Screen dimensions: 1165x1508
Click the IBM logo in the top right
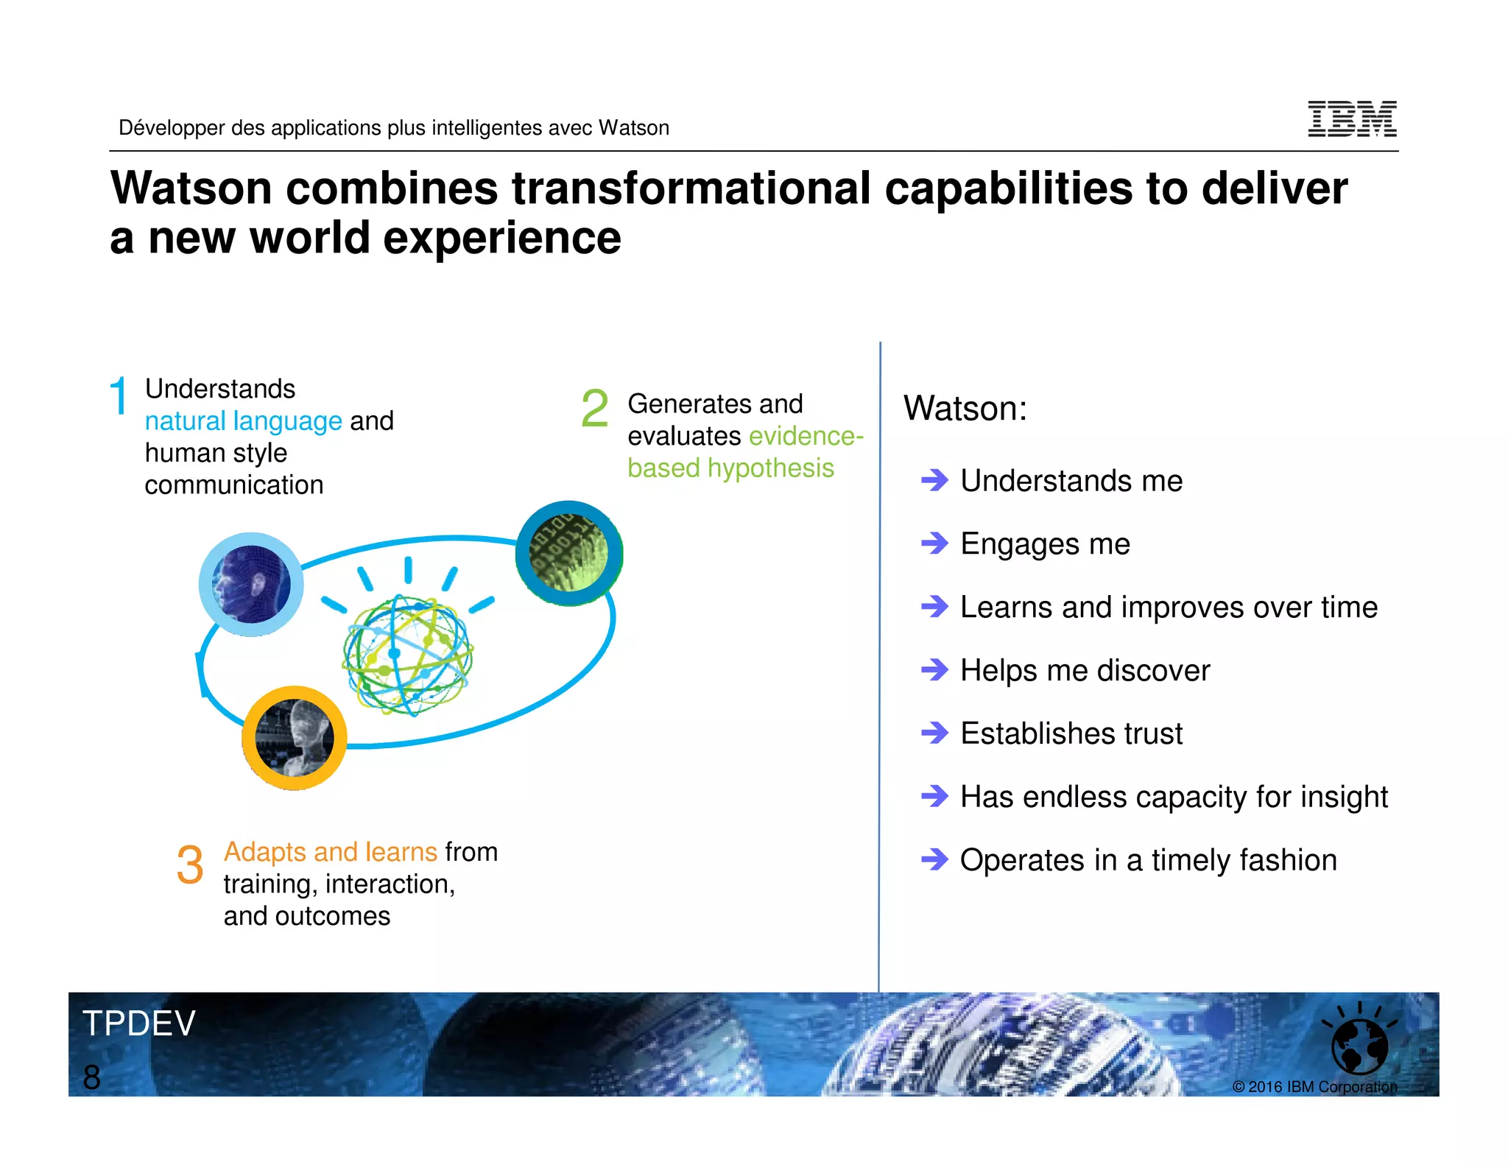[1352, 119]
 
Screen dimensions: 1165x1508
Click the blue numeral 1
[119, 396]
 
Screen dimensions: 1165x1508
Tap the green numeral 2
[595, 409]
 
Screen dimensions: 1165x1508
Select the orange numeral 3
[190, 865]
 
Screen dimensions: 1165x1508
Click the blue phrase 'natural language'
[243, 421]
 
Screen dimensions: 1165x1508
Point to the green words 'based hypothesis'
[730, 468]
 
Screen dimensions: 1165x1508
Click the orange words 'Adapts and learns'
[331, 852]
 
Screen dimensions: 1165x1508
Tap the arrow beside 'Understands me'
[935, 481]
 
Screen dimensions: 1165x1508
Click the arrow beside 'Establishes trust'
[935, 733]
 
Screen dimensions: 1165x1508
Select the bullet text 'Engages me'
[1045, 544]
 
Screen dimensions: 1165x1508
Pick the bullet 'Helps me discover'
[1085, 671]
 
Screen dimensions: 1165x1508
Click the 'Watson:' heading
[965, 409]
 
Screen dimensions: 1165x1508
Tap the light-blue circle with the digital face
[251, 585]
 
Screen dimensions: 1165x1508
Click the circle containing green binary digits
[569, 553]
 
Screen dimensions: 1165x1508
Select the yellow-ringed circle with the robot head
[295, 738]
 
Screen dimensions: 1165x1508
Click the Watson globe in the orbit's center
[407, 654]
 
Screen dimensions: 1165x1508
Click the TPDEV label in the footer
[138, 1024]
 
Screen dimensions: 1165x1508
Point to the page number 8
[92, 1077]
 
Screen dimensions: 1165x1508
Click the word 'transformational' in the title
[691, 189]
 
